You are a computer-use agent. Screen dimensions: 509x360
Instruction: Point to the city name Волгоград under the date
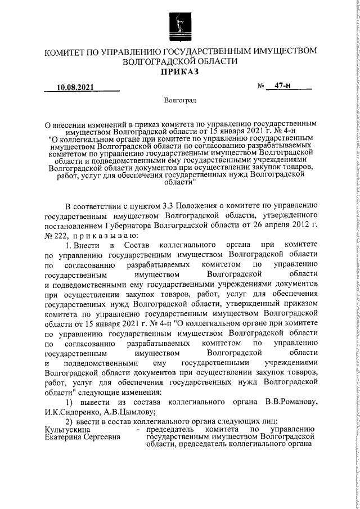coord(180,116)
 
